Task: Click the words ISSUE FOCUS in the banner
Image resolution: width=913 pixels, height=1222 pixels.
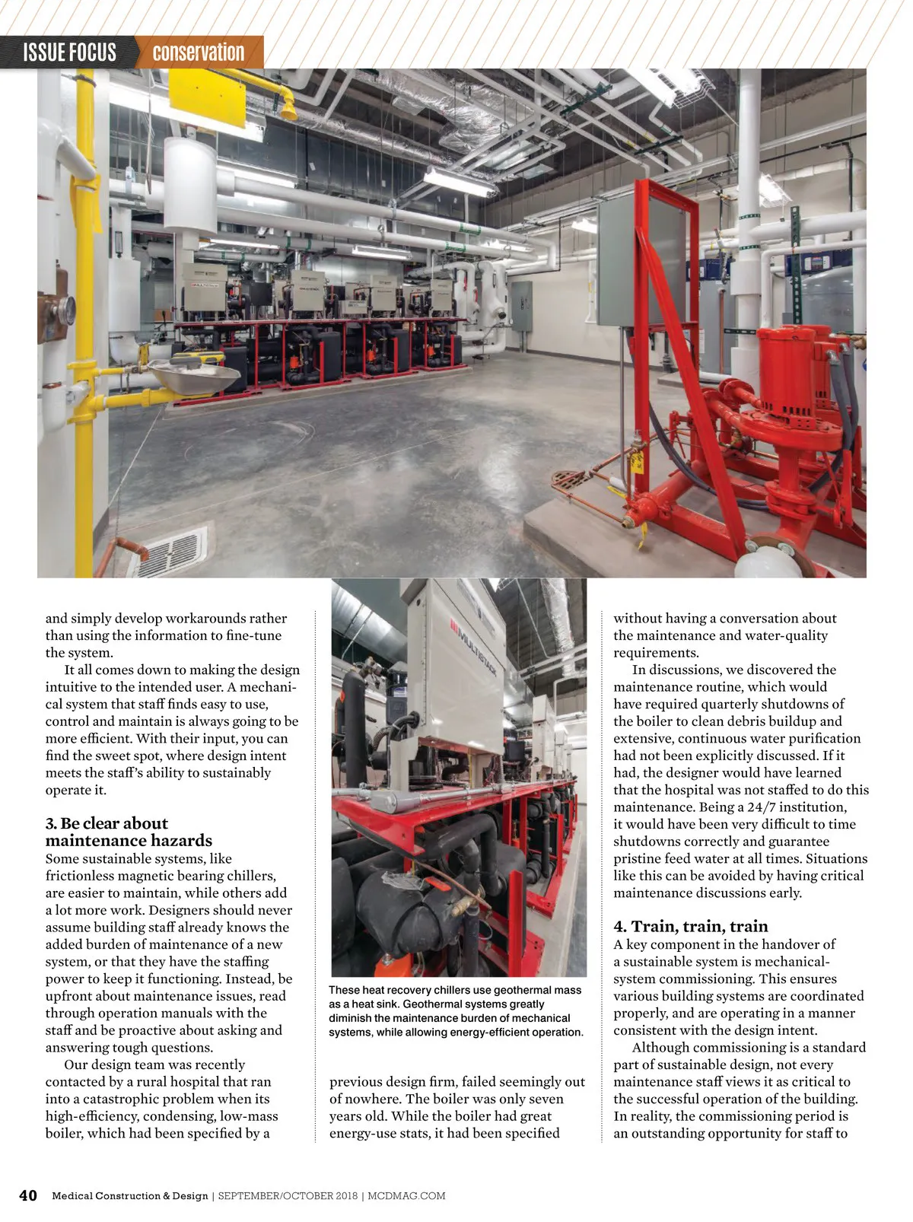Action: tap(69, 53)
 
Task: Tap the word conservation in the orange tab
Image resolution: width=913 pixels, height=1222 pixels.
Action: tap(198, 53)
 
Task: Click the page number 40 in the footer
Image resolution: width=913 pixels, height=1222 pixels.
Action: tap(27, 1195)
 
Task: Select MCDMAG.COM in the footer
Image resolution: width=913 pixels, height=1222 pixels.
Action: tap(406, 1196)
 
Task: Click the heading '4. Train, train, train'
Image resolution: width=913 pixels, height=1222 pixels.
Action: tap(690, 926)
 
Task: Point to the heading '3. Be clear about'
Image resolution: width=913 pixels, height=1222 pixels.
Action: tap(107, 823)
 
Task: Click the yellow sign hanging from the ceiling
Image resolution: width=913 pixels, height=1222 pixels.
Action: tap(207, 97)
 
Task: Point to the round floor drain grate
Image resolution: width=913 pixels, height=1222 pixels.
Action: tap(570, 481)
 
